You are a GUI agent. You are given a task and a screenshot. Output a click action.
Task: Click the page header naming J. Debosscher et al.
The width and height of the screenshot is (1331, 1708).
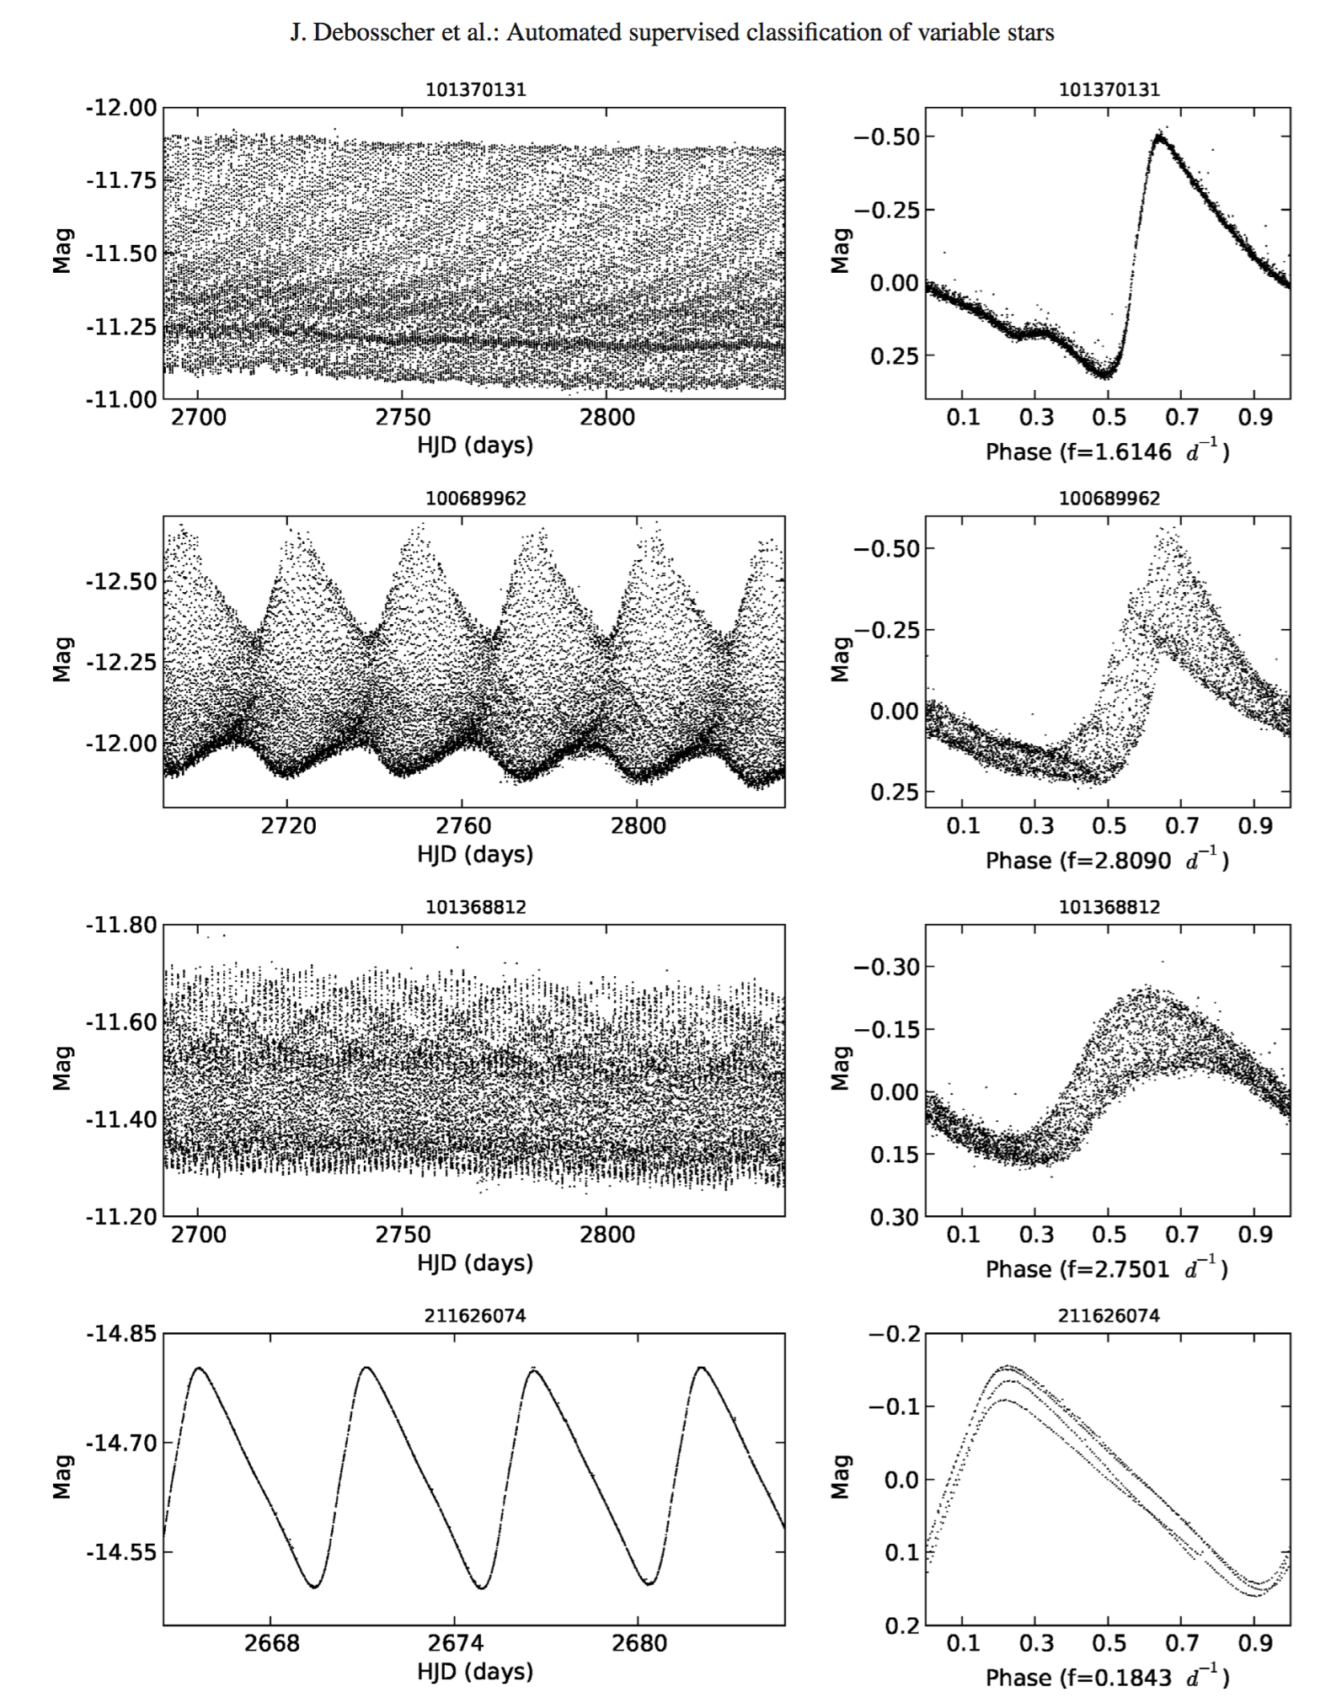[671, 33]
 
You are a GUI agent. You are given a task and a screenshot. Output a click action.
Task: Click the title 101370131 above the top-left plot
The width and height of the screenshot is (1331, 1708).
[475, 90]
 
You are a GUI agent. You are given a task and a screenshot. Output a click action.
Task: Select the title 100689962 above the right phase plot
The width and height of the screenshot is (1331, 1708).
[1109, 499]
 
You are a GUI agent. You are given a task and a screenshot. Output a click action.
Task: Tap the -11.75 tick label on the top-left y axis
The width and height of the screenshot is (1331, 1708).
[120, 180]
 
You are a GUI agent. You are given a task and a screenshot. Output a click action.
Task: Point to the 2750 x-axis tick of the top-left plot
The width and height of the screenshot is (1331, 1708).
[402, 418]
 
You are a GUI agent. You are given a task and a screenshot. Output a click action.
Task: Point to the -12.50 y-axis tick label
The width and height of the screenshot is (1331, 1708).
[120, 582]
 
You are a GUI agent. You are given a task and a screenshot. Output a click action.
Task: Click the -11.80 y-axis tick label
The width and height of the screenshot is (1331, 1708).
[120, 925]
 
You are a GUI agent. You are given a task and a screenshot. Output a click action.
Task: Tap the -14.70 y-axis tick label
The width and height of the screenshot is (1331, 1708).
[120, 1444]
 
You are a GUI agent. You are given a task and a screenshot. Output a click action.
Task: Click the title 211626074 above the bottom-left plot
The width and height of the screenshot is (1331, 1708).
[475, 1316]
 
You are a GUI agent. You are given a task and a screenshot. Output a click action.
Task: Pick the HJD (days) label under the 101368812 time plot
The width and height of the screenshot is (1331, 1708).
[475, 1262]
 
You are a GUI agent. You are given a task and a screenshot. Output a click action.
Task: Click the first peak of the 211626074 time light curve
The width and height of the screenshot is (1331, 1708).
[199, 1368]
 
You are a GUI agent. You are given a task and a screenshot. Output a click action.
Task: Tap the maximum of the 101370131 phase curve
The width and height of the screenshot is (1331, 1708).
[1160, 136]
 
